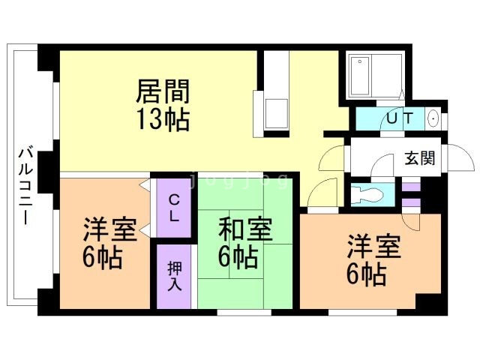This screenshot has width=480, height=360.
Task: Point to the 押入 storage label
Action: tap(174, 275)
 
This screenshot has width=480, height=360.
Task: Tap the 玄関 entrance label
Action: tap(420, 158)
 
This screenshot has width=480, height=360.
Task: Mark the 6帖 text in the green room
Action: tap(238, 257)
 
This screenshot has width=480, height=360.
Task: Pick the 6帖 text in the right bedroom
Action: tap(366, 274)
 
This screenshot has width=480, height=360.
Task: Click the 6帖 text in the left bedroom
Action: tap(103, 257)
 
